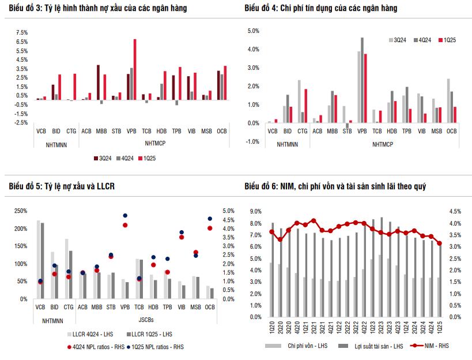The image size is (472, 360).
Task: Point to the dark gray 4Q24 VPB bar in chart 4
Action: click(363, 80)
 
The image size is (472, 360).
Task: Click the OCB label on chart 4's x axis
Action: click(451, 131)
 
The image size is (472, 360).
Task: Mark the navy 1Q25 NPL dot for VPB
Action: click(125, 216)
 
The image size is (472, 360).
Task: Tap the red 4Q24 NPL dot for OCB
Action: click(210, 228)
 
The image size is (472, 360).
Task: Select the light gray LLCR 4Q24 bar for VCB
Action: click(39, 260)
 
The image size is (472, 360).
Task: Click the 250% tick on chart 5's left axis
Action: click(20, 211)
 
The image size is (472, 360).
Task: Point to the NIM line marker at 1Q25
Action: click(440, 243)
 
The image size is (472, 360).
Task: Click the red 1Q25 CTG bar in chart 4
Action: click(305, 106)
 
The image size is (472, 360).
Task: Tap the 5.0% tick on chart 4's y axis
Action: click(254, 31)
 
